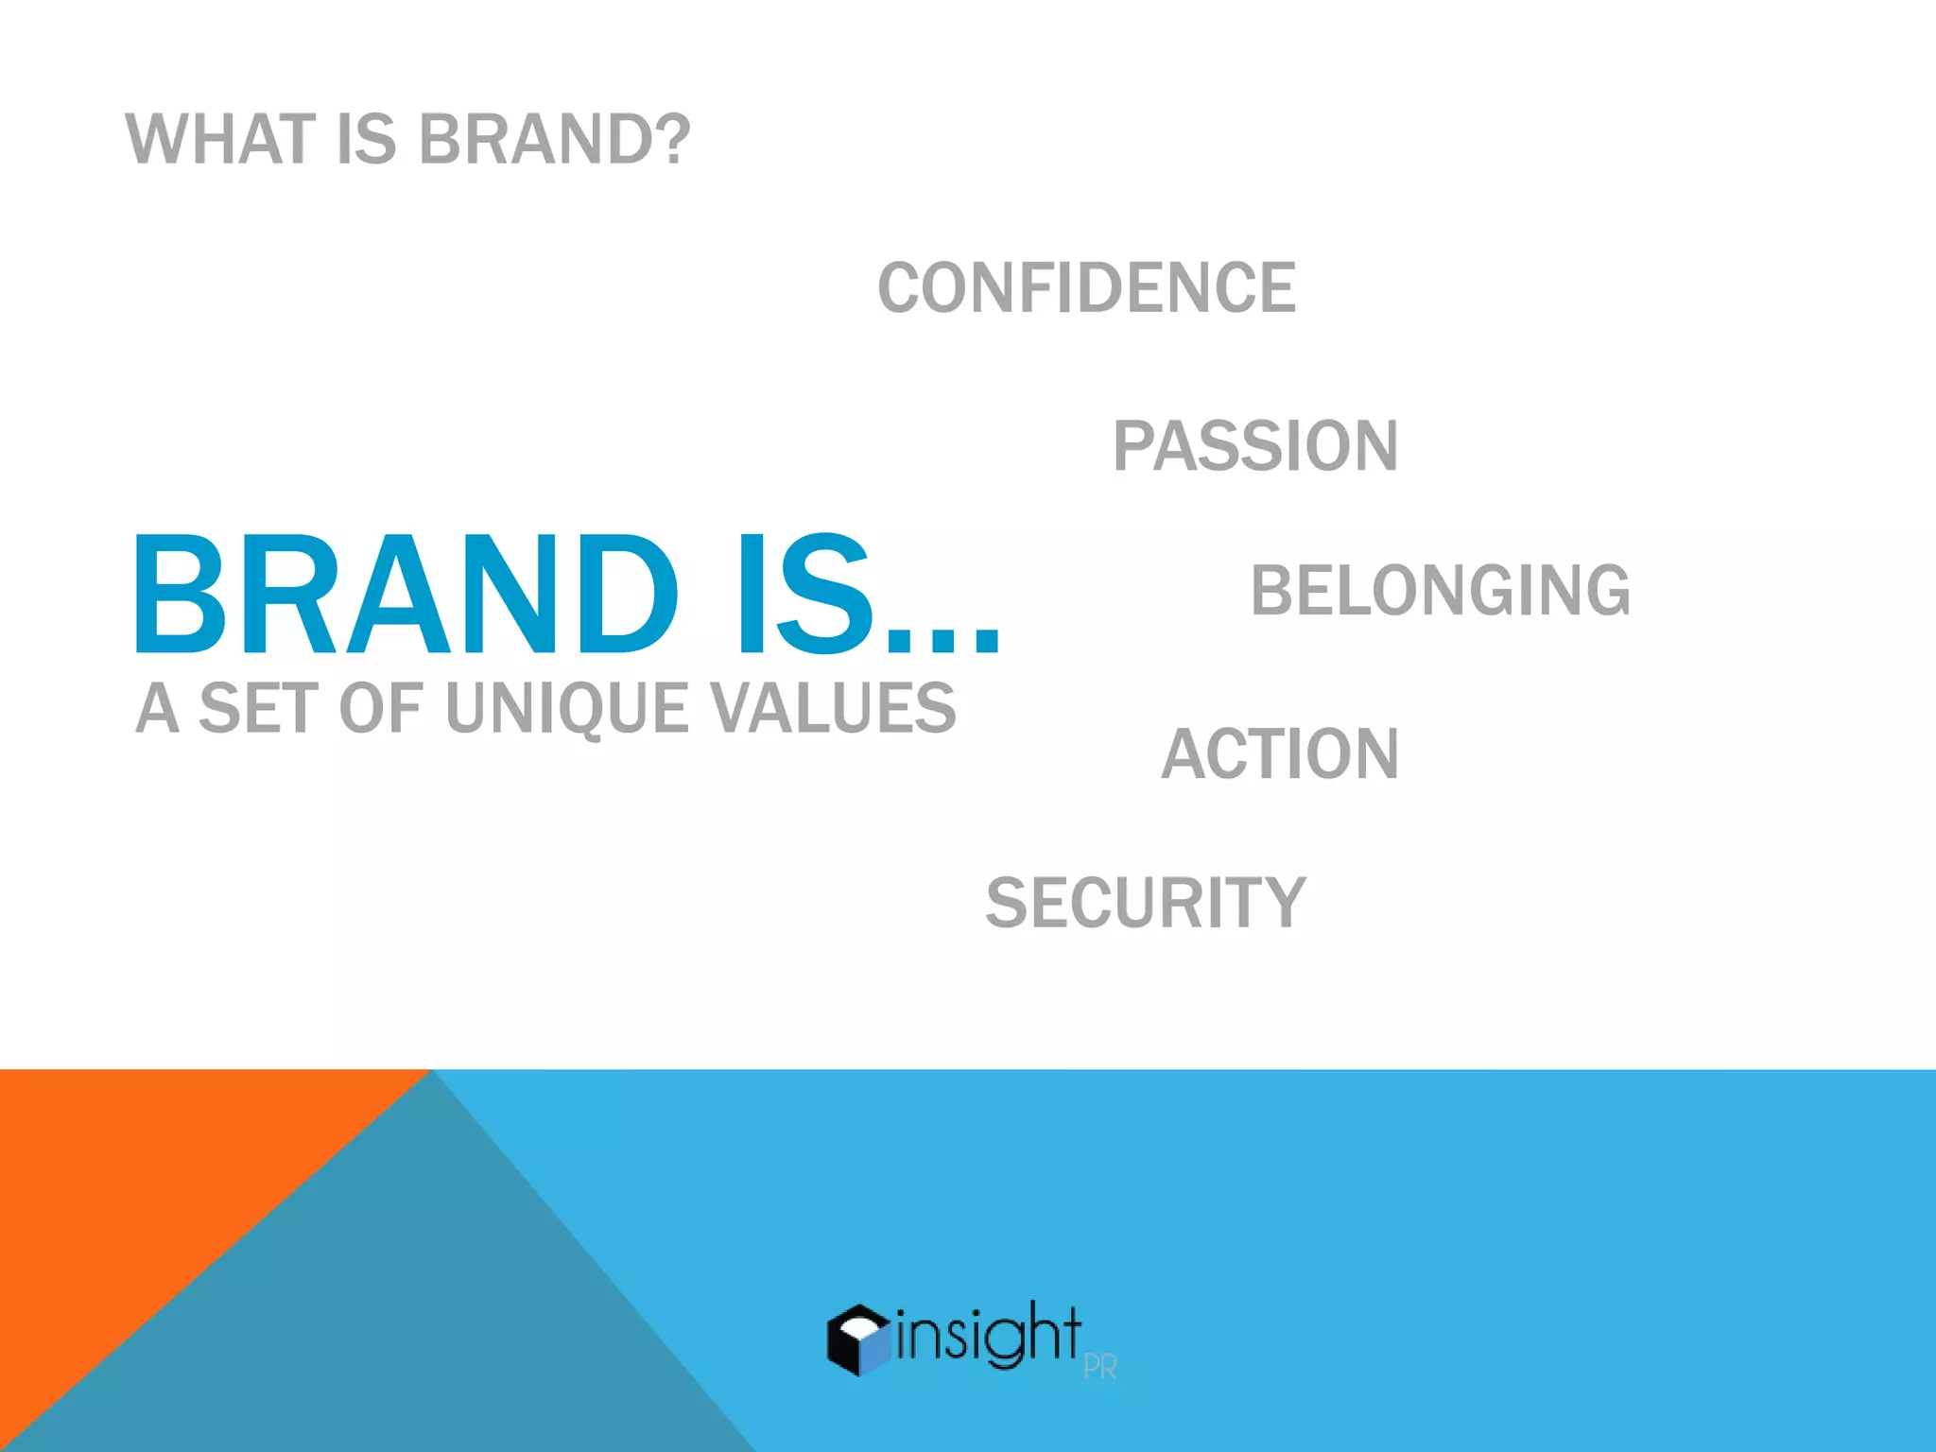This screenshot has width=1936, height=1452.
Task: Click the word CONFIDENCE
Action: click(1086, 288)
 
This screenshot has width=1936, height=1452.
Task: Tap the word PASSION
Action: click(1254, 446)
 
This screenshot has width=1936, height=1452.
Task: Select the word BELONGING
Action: click(1440, 591)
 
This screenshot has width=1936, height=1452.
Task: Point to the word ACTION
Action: click(1280, 754)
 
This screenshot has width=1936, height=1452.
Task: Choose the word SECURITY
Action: click(1145, 903)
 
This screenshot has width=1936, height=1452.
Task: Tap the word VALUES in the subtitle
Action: click(833, 708)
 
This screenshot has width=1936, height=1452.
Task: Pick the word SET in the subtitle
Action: click(256, 708)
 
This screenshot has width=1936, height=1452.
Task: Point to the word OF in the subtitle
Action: click(379, 708)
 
